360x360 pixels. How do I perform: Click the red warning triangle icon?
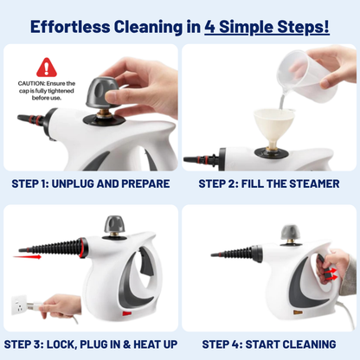tap(47, 67)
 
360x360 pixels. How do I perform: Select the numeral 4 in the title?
tap(211, 26)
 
